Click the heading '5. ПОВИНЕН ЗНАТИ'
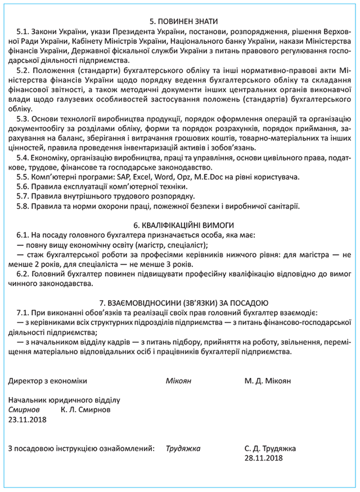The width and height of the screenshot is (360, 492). pyautogui.click(x=181, y=13)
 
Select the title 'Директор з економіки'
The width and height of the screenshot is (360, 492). pyautogui.click(x=48, y=381)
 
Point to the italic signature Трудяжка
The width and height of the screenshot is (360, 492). pyautogui.click(x=183, y=449)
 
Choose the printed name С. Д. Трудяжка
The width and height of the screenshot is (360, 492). pyautogui.click(x=271, y=449)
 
